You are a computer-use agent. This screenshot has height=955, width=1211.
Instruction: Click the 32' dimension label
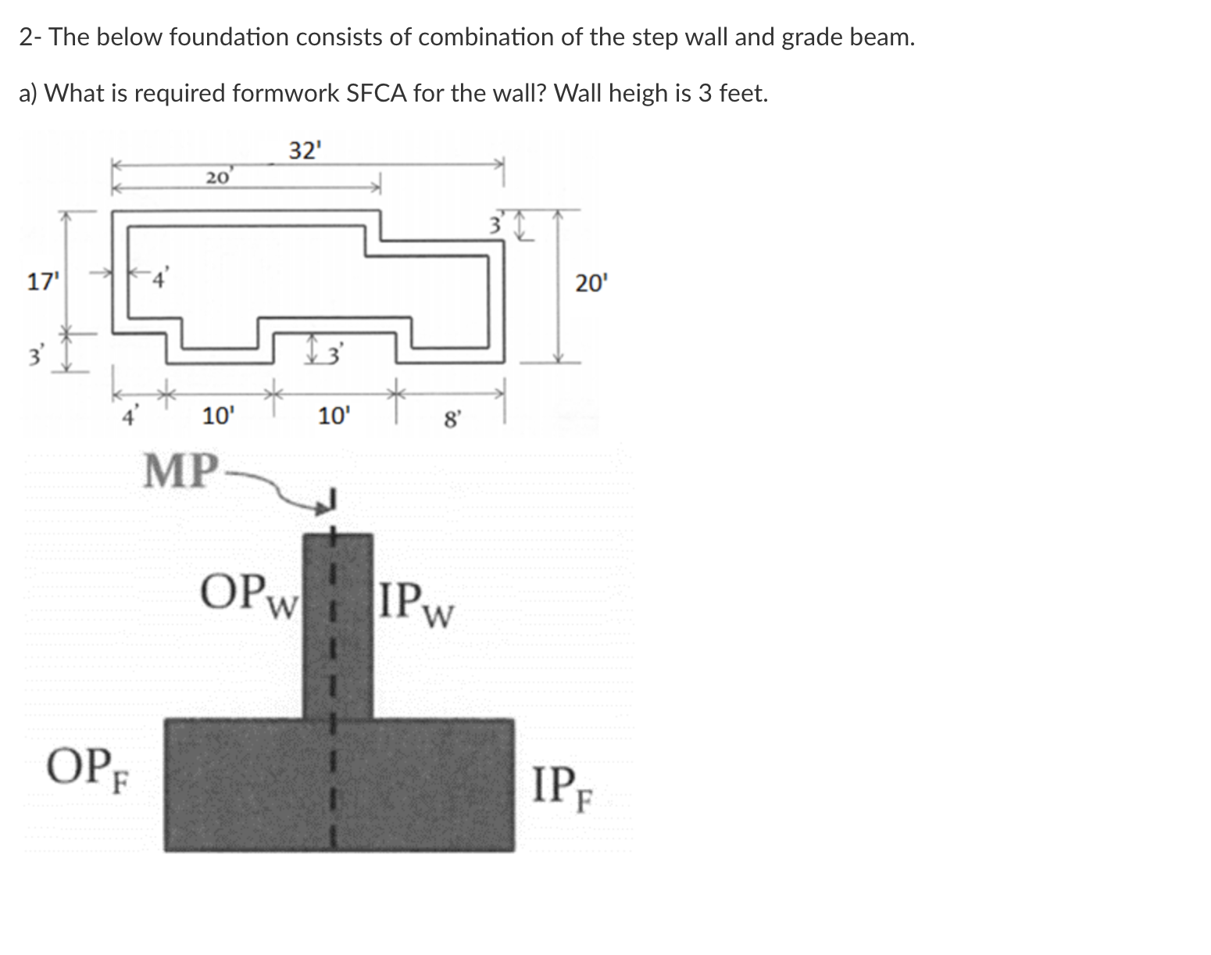click(305, 149)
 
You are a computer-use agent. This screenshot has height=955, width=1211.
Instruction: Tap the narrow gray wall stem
click(338, 625)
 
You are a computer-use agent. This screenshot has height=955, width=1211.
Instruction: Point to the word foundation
click(229, 38)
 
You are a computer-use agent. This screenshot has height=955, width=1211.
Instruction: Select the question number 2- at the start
click(30, 38)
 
